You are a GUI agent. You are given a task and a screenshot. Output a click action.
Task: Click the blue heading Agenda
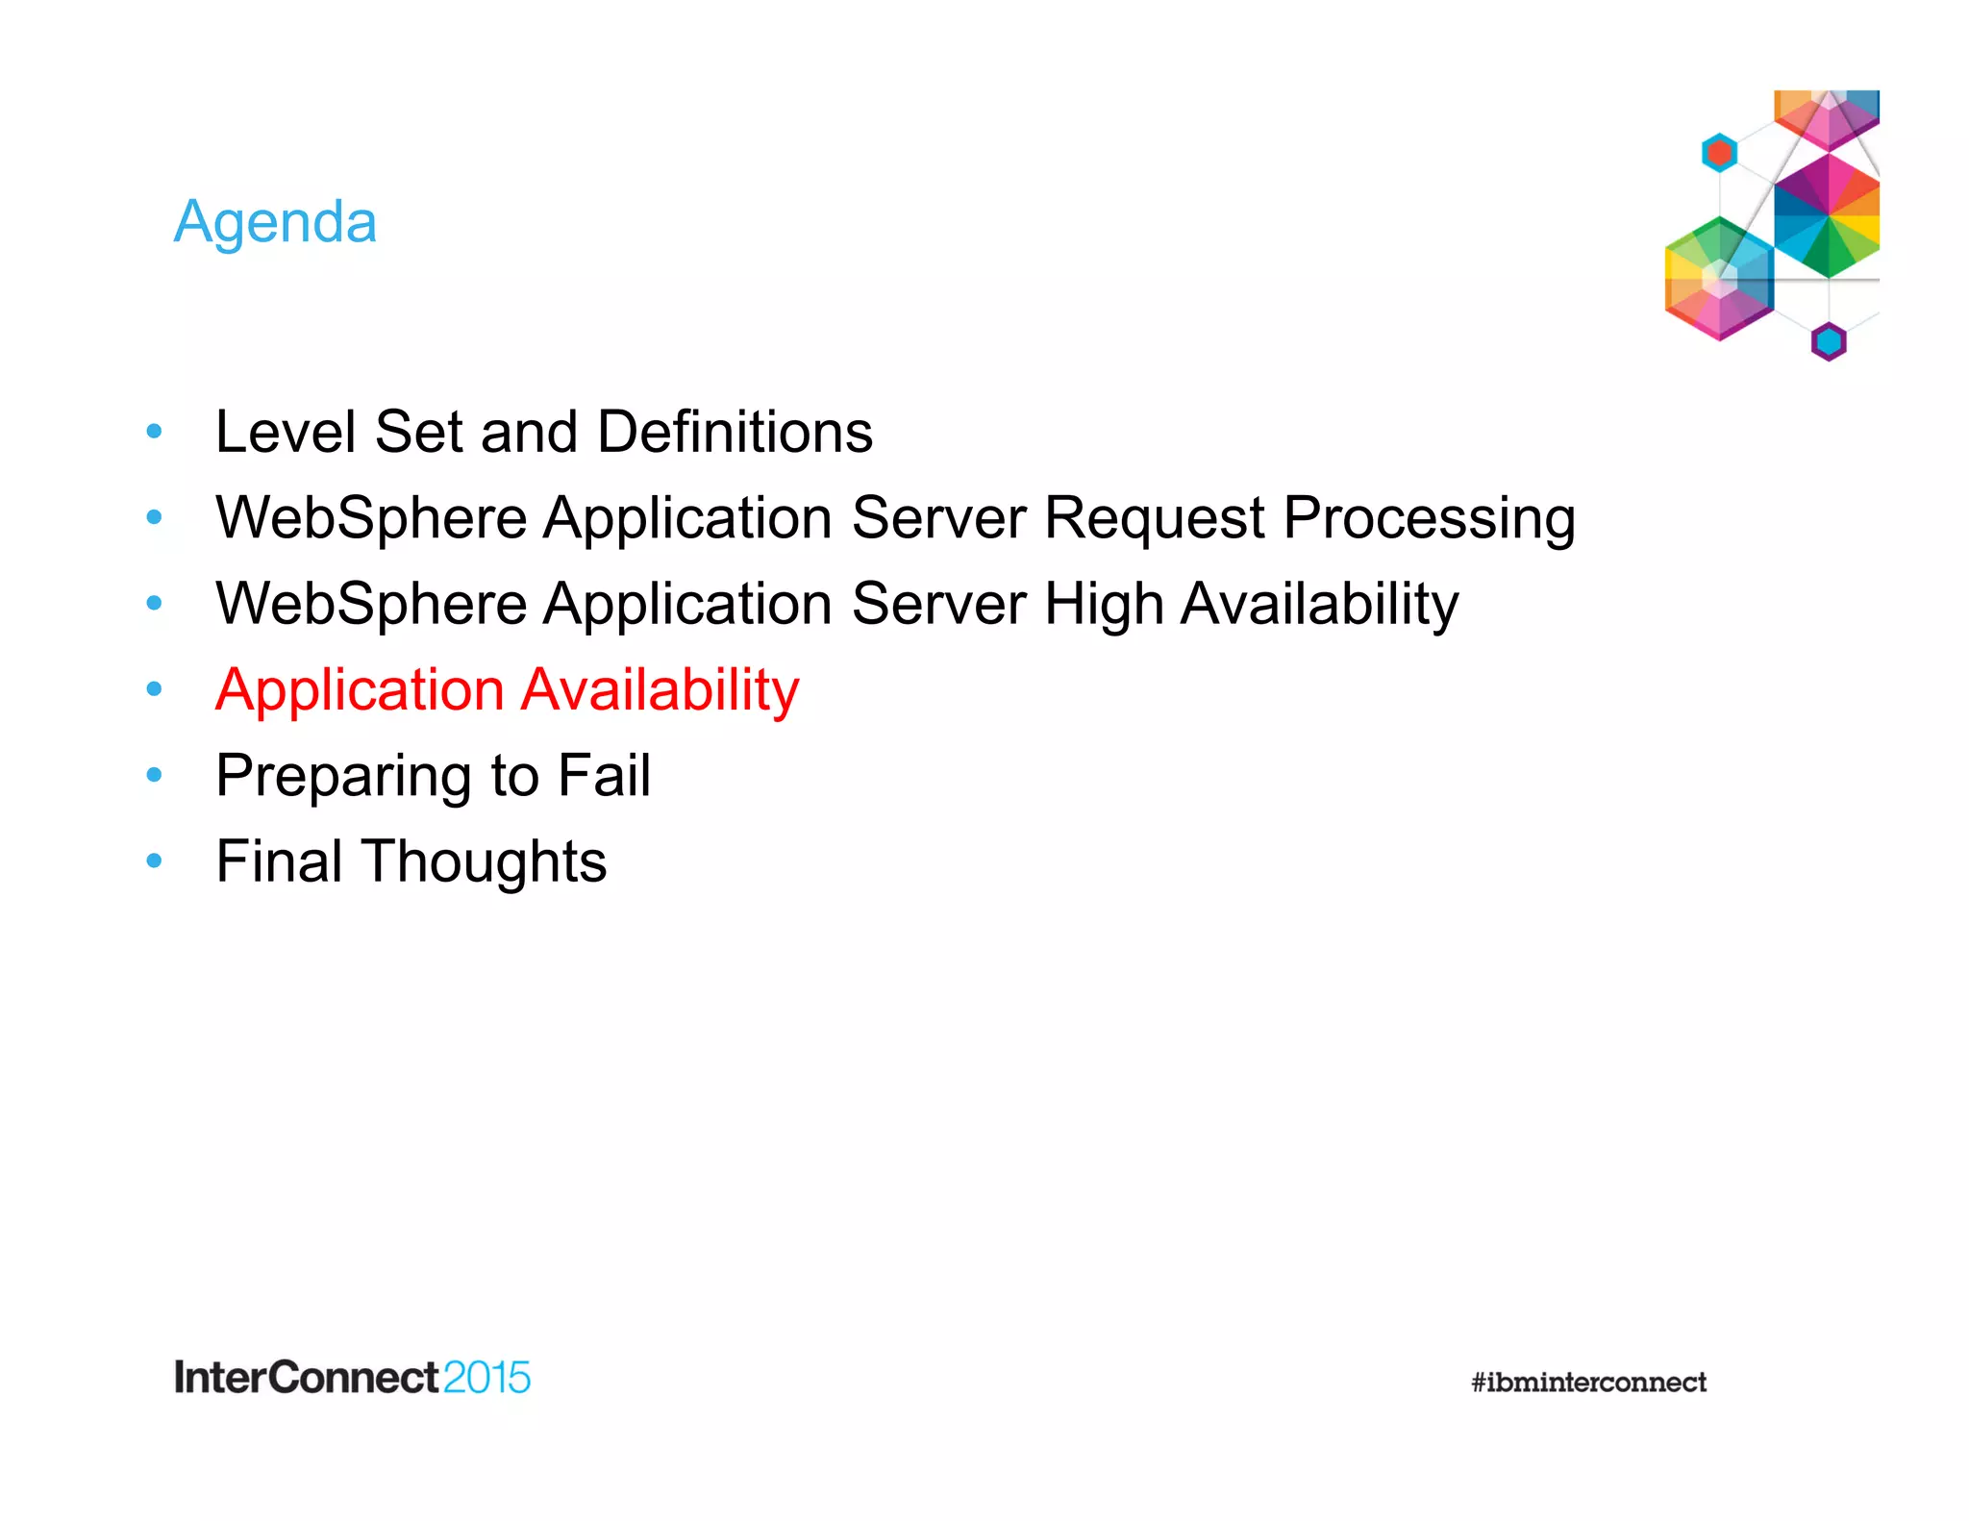click(275, 223)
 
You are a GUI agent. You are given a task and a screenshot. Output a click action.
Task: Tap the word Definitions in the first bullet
click(735, 432)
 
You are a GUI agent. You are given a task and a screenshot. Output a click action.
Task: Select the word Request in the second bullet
click(1154, 518)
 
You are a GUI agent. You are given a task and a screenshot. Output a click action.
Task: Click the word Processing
click(1429, 520)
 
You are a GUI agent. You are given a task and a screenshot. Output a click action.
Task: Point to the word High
click(1104, 606)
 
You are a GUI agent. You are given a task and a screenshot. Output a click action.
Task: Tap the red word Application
click(360, 691)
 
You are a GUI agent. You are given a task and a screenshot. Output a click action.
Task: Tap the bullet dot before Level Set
click(154, 432)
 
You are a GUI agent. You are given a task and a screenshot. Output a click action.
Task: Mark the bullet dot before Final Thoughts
click(154, 860)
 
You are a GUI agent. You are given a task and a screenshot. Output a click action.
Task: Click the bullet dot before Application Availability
click(154, 689)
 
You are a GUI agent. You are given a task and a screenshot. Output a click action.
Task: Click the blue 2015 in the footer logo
click(486, 1378)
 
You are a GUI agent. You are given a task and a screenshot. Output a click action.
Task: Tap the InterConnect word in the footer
click(306, 1378)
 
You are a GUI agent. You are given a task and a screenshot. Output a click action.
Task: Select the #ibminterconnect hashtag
click(1588, 1383)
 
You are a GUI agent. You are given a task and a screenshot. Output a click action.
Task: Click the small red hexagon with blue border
click(1719, 153)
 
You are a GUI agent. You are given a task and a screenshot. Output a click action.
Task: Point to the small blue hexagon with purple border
click(1828, 341)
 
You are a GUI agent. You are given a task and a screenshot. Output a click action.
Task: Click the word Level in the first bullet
click(286, 432)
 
